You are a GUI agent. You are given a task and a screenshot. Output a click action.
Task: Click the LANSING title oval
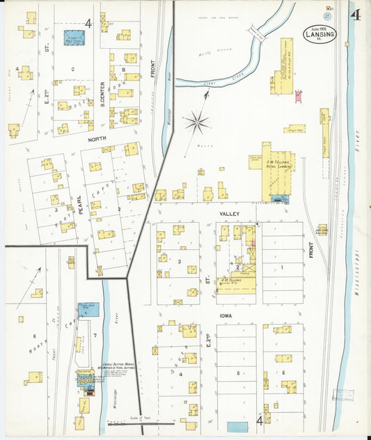click(x=319, y=34)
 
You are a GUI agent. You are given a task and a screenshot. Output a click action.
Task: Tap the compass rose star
click(x=196, y=123)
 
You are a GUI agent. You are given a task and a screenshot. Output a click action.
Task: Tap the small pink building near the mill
click(x=298, y=97)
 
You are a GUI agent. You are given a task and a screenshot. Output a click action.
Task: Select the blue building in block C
click(x=74, y=38)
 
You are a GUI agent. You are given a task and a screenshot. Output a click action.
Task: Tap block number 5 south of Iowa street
click(x=238, y=374)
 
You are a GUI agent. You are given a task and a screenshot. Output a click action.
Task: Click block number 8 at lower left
click(x=34, y=336)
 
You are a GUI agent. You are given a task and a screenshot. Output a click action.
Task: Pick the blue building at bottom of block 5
click(x=237, y=427)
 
